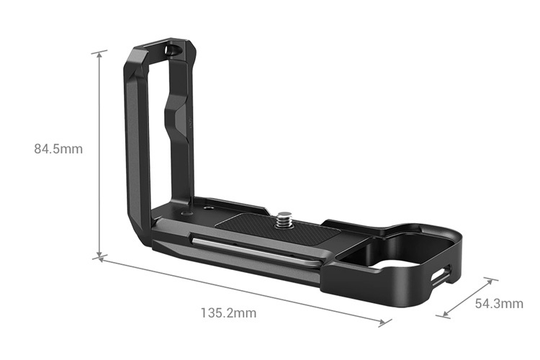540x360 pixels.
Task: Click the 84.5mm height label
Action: click(58, 150)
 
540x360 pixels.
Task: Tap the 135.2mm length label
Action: click(228, 313)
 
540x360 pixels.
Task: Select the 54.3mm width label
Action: click(499, 303)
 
